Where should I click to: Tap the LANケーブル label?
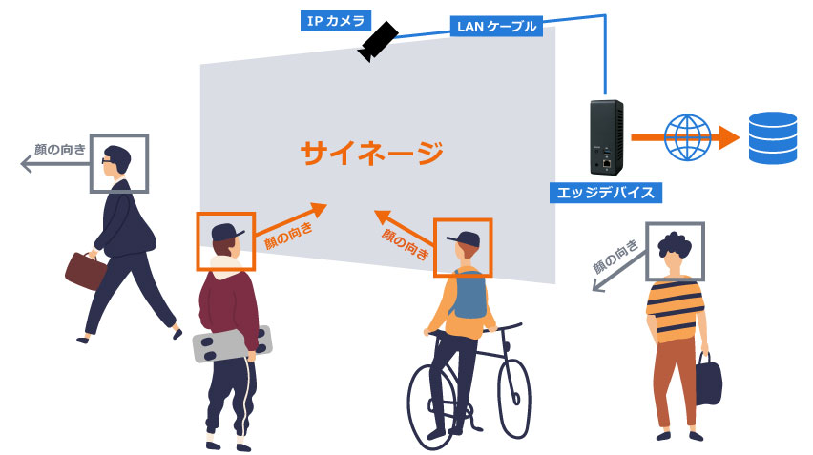(x=493, y=26)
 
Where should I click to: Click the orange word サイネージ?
(x=372, y=153)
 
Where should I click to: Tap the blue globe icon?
(x=684, y=137)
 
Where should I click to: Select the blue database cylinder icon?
(x=772, y=137)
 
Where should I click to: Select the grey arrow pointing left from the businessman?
(x=53, y=165)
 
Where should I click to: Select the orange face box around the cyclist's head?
(x=463, y=247)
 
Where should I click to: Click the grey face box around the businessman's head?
(x=120, y=164)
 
